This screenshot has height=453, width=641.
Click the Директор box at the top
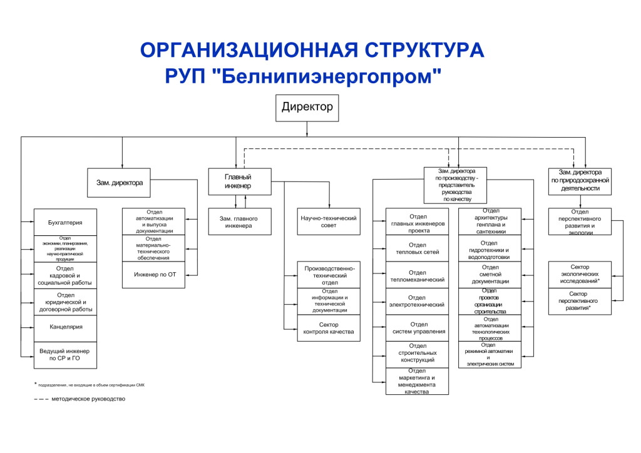[x=307, y=107]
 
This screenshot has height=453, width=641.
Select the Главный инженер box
[x=239, y=181]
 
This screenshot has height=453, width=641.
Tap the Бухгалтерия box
[x=65, y=222]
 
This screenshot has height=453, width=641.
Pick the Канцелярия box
[x=65, y=327]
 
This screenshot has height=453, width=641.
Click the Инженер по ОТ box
[x=153, y=275]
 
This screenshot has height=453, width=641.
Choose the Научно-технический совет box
[x=329, y=221]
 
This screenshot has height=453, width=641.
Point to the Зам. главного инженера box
[x=239, y=221]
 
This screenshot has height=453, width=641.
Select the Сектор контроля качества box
[x=329, y=328]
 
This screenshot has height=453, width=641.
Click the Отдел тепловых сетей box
[x=418, y=248]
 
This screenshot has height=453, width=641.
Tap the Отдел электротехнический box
[x=418, y=301]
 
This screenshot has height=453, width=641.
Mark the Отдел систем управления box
[x=418, y=327]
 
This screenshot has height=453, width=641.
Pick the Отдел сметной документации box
[x=490, y=275]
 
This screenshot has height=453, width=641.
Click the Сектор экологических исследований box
[x=579, y=275]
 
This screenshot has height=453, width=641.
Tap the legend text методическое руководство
[x=88, y=399]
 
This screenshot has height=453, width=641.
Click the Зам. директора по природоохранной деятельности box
[x=579, y=180]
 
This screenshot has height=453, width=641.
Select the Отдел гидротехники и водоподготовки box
[x=490, y=248]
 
